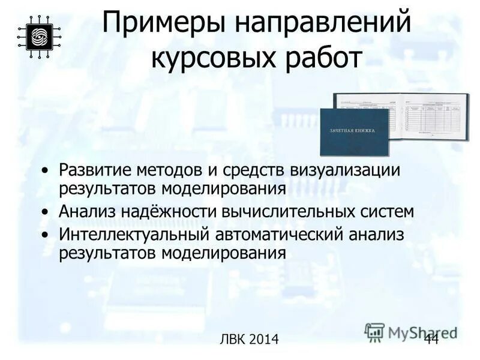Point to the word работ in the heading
(x=323, y=59)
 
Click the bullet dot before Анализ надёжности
(x=47, y=212)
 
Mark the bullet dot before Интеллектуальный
(x=47, y=235)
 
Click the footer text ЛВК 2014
(x=250, y=340)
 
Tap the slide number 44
(x=431, y=339)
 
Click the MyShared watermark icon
(x=374, y=332)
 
